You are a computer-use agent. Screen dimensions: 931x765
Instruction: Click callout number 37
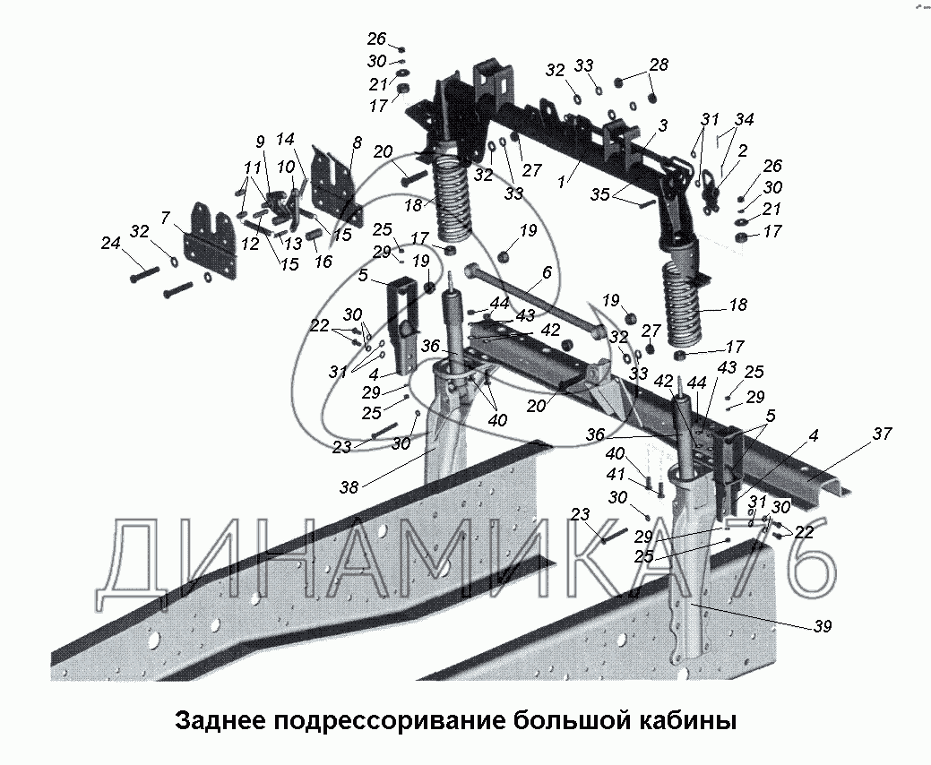pos(882,434)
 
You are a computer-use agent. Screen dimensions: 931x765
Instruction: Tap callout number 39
pos(822,626)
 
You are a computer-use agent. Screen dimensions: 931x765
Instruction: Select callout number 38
pos(349,487)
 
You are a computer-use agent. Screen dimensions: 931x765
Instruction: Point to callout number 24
pos(111,243)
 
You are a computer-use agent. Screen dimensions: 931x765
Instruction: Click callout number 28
pos(659,64)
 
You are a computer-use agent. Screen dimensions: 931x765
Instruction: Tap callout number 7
pos(166,218)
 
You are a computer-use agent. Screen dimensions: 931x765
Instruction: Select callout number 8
pos(357,143)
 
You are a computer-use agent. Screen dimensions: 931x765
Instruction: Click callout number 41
pos(615,475)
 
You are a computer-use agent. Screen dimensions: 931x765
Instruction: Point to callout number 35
pos(599,194)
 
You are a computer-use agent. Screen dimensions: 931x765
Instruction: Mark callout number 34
pos(744,119)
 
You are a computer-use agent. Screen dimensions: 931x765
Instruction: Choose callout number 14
pos(285,140)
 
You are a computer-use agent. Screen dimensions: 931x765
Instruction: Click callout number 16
pos(323,262)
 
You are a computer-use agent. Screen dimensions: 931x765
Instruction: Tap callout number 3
pos(662,125)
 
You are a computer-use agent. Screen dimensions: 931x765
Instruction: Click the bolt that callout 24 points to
pos(144,274)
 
